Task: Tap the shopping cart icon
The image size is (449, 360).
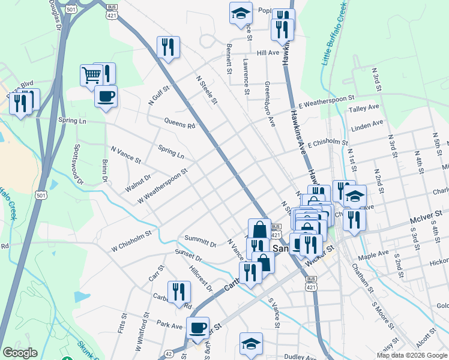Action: coord(91,76)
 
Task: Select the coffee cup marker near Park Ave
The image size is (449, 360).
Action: coord(197,328)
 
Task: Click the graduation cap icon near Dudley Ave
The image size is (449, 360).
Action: coord(251,343)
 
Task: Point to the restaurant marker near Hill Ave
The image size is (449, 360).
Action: coord(168,47)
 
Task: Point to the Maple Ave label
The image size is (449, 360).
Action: coord(390,254)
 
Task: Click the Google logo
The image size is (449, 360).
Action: coord(20,353)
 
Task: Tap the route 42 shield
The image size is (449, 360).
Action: coord(169,355)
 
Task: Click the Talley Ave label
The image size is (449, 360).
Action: coord(364,109)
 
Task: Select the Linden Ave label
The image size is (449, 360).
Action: coord(367,126)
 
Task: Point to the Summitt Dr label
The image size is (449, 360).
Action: coord(200,241)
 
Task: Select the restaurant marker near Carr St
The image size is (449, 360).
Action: coord(179,292)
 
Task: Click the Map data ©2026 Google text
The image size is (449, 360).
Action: coord(412,355)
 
